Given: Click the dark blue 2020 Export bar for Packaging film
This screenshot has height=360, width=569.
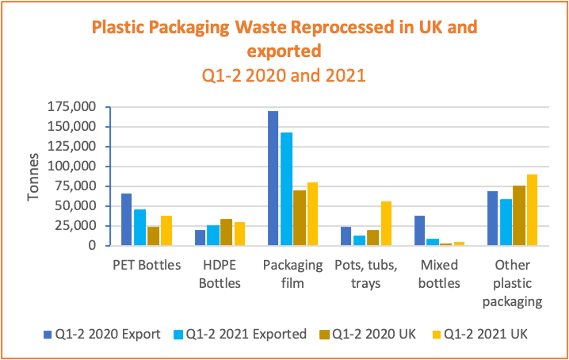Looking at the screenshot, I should point(273,178).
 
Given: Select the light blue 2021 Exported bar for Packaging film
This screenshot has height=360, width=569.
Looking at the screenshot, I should point(286,189).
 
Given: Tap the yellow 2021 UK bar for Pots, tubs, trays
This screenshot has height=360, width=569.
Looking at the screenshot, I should point(386,224).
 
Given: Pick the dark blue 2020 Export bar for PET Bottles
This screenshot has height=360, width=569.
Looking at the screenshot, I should point(127,220).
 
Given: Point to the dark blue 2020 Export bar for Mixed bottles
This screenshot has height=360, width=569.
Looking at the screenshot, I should point(420,231).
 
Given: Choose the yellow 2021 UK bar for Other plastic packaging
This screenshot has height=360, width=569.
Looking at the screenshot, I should point(533,210).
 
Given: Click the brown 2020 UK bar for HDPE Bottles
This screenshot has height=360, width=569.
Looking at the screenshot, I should point(226,232).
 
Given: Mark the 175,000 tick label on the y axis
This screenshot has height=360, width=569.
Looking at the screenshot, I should point(72,107).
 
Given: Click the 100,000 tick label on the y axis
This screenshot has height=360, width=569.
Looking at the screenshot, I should point(72,167).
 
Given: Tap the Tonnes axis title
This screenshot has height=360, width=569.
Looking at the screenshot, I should point(33,176).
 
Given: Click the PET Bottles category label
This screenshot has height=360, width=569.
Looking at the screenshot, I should point(147,265).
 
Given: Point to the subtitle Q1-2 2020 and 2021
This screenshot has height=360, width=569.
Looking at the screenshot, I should point(284,78).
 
